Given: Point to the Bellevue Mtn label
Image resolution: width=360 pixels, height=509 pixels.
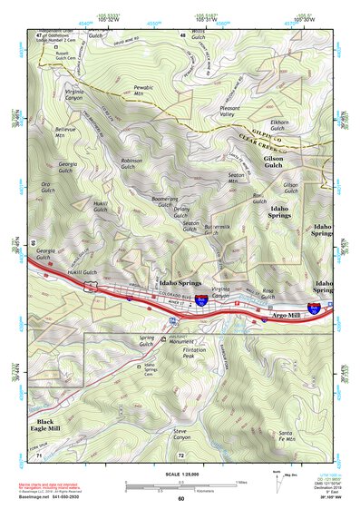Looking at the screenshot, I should (66, 132).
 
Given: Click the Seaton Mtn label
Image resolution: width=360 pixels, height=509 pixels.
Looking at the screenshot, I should (238, 179).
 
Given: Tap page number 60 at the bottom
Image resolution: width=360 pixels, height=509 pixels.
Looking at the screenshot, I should (180, 498).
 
